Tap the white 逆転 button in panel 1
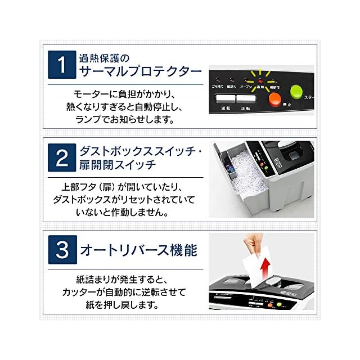coord(226,100)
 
